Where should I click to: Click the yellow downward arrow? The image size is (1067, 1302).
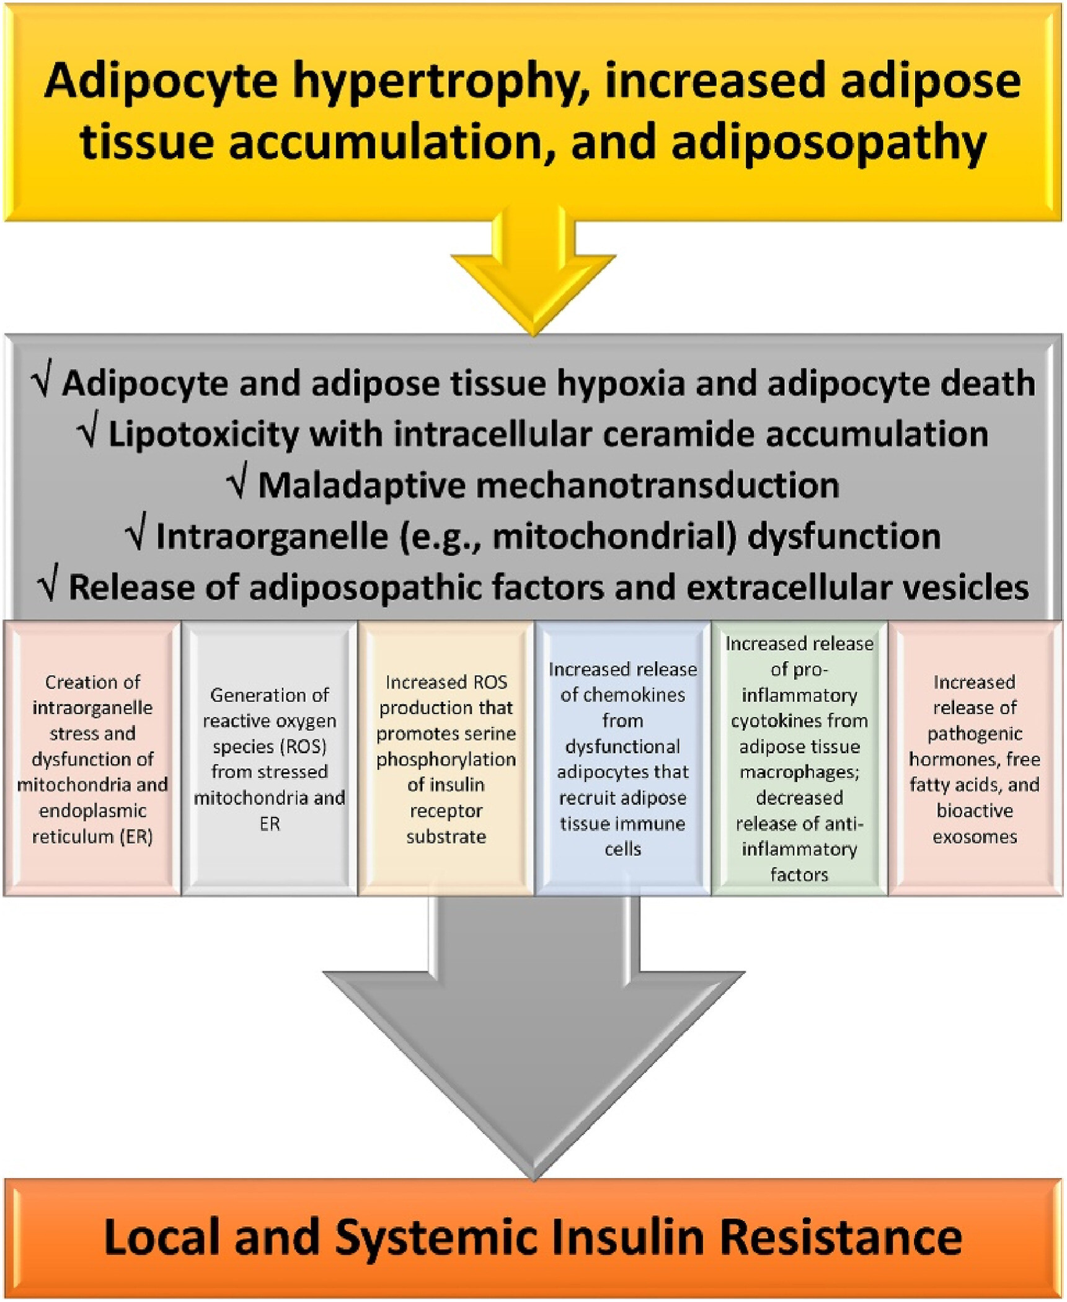(x=533, y=273)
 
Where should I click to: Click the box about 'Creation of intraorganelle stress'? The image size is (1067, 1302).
(x=92, y=759)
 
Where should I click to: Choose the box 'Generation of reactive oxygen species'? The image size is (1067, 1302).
(x=269, y=759)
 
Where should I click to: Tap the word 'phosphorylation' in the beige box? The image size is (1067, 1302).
(x=446, y=759)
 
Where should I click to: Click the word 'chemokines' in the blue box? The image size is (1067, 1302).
(x=622, y=695)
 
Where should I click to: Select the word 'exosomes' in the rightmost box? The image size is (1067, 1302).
(x=975, y=837)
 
